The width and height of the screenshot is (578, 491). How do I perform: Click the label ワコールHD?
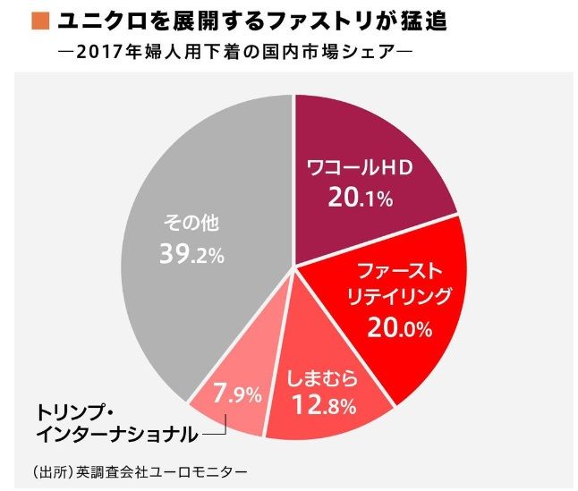click(358, 170)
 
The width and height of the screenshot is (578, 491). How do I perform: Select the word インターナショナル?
click(116, 434)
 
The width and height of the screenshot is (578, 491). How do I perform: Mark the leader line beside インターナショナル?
click(215, 434)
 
